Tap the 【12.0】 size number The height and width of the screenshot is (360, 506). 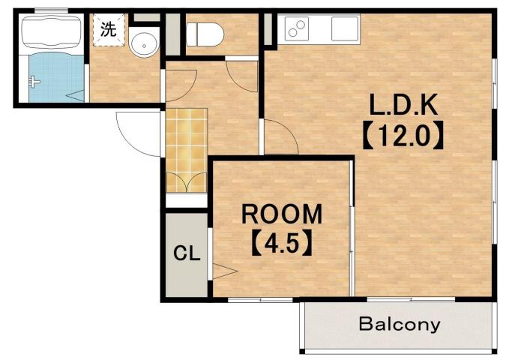406,136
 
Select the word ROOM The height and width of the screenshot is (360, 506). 282,214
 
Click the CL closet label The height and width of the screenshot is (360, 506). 186,253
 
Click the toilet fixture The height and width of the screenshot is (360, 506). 202,33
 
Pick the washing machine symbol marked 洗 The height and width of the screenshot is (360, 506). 109,30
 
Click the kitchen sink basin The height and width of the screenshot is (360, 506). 345,29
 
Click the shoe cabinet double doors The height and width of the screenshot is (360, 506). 185,181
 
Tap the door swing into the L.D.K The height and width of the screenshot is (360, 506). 280,139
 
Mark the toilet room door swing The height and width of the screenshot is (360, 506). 242,74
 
